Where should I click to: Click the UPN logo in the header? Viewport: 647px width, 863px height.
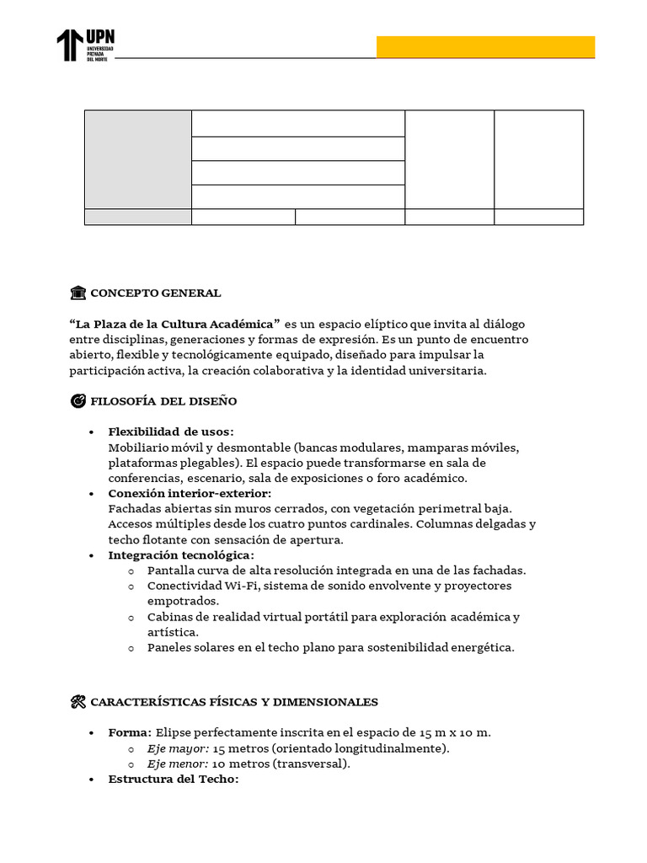pyautogui.click(x=86, y=45)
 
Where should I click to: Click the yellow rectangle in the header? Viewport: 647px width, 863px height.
pyautogui.click(x=485, y=47)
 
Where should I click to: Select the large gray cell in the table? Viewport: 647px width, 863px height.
pyautogui.click(x=138, y=159)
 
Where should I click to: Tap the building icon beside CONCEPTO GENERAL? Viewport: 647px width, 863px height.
pyautogui.click(x=78, y=293)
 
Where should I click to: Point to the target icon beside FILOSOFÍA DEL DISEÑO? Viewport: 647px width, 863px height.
pyautogui.click(x=78, y=401)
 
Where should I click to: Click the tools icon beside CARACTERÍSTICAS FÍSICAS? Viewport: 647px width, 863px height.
pyautogui.click(x=78, y=702)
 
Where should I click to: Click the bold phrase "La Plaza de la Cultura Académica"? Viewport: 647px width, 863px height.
pyautogui.click(x=174, y=324)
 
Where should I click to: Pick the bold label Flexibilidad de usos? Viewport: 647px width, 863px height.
pyautogui.click(x=171, y=432)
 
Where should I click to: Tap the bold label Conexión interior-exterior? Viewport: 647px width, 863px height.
pyautogui.click(x=190, y=494)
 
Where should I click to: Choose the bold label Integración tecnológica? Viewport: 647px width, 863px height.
pyautogui.click(x=181, y=555)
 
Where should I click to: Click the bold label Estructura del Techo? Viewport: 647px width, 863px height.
pyautogui.click(x=174, y=780)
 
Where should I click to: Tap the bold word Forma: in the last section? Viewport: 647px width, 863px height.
pyautogui.click(x=130, y=733)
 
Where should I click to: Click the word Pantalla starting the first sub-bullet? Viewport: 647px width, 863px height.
pyautogui.click(x=172, y=571)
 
